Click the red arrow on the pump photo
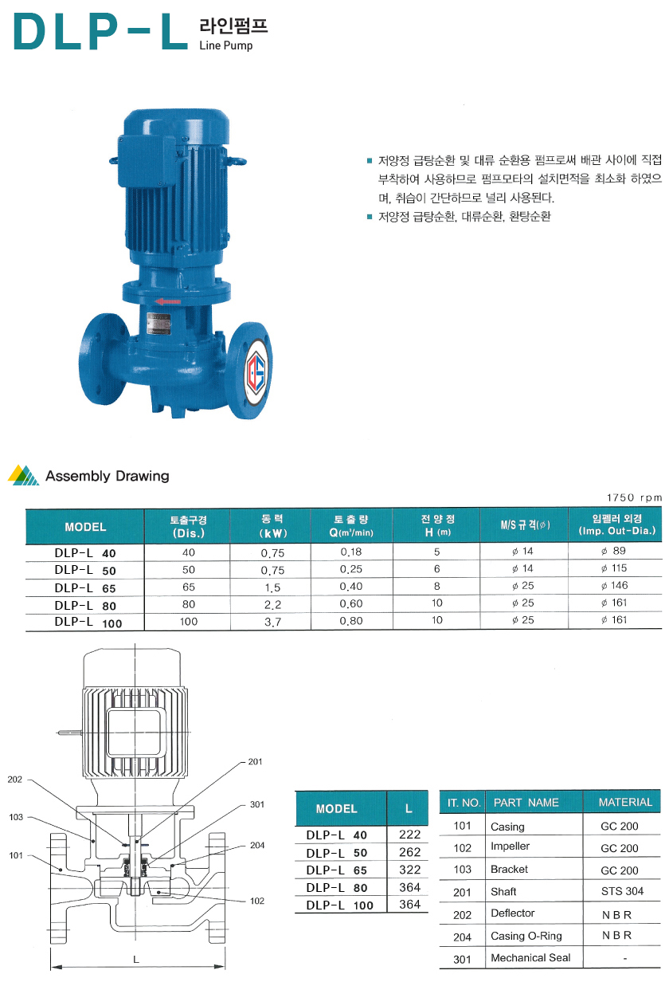point(168,301)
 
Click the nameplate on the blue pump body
point(159,324)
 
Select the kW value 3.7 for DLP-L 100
point(272,622)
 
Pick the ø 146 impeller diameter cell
point(614,585)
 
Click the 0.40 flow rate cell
point(351,586)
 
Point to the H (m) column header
point(438,532)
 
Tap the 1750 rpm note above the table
point(634,497)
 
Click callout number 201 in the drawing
point(255,761)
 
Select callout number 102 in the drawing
point(257,901)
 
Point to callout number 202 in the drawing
point(14,779)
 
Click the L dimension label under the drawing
point(136,960)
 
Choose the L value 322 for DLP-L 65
point(409,870)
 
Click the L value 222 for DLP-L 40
point(409,835)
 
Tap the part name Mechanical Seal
point(530,957)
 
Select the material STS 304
point(622,891)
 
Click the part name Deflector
point(513,913)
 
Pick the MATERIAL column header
point(625,802)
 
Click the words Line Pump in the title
point(226,45)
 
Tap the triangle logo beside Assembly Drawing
point(24,475)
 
